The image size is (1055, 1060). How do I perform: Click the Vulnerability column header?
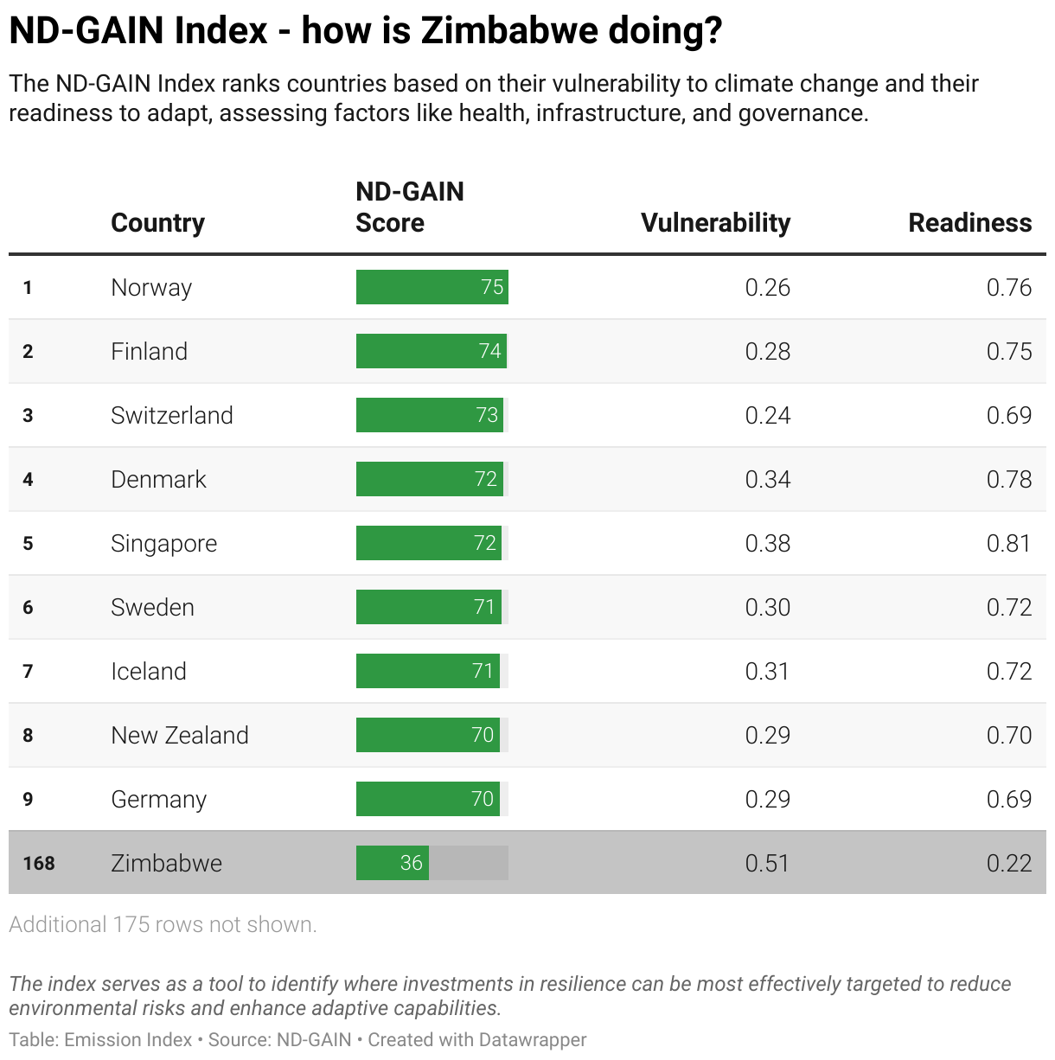tap(715, 223)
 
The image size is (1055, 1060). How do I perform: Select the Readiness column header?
tap(969, 223)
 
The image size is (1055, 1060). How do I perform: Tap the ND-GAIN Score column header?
tap(410, 208)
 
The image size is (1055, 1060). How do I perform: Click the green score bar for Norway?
tap(432, 287)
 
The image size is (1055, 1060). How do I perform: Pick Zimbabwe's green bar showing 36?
tap(392, 863)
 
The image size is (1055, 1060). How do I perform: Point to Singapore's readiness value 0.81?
tap(1008, 543)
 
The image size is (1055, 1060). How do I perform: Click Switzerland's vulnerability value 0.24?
tap(767, 415)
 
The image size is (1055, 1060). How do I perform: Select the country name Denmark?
tap(158, 479)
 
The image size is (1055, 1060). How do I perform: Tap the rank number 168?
tap(39, 863)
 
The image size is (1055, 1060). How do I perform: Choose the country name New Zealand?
tap(179, 735)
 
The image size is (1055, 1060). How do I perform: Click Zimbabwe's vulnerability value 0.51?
tap(767, 863)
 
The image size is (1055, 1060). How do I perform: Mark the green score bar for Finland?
tap(431, 351)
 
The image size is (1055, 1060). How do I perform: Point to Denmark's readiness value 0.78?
tap(1008, 479)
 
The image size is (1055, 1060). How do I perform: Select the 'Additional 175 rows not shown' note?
tap(163, 924)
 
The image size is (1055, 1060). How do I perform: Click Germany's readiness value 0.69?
tap(1008, 799)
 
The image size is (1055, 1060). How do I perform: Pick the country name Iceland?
tap(148, 671)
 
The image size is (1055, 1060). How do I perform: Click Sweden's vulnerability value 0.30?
tap(767, 607)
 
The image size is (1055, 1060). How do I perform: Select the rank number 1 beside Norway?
tap(28, 287)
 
